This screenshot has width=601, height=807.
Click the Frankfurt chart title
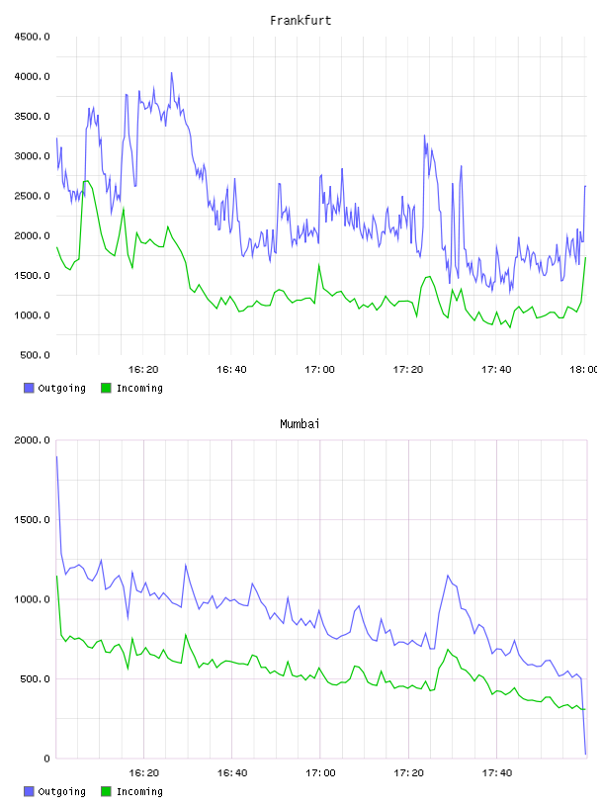point(300,21)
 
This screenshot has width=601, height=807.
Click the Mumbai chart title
point(300,424)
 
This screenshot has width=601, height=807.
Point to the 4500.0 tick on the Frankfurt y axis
point(32,37)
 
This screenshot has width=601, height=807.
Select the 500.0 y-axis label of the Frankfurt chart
point(35,355)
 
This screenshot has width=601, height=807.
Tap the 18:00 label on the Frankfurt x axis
point(583,370)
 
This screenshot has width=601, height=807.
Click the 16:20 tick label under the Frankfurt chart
point(143,370)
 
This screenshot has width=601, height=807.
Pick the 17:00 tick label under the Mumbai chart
point(320,773)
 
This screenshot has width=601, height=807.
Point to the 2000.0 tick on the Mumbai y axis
point(32,440)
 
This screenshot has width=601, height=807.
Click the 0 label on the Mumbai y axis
point(47,759)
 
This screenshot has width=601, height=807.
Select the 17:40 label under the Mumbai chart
point(497,773)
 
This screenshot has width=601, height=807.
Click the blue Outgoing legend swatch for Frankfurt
point(29,388)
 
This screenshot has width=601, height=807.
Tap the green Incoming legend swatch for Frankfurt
point(106,388)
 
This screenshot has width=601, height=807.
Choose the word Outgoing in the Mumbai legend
point(61,791)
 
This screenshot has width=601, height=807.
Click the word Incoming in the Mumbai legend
point(139,791)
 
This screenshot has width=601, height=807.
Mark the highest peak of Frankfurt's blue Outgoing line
point(172,72)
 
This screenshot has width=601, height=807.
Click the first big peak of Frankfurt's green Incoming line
point(86,181)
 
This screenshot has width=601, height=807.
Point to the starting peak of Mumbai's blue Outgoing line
point(56,457)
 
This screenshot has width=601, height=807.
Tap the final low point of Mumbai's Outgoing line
point(585,755)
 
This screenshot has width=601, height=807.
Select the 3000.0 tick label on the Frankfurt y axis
point(32,156)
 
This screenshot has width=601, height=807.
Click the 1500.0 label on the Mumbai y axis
point(32,520)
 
